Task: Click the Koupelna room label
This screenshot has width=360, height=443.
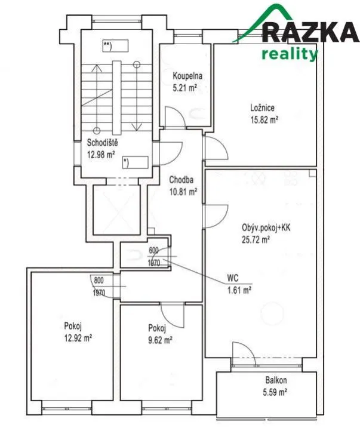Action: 187,76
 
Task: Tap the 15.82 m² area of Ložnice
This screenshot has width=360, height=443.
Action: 264,120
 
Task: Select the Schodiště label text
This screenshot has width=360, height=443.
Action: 102,143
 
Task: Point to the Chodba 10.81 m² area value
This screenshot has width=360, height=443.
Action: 183,192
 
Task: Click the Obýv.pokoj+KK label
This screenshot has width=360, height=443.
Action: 266,227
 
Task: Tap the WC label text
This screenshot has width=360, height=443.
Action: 233,278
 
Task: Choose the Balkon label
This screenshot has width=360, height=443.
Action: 276,380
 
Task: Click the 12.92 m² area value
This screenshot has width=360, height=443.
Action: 78,338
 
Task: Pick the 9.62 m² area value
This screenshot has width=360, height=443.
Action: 160,340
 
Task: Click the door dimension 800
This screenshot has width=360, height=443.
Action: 99,280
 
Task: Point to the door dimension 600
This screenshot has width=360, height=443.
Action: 153,250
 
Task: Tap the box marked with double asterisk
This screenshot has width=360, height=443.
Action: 115,46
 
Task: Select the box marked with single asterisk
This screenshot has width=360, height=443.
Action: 136,162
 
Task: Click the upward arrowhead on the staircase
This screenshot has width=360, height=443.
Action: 97,68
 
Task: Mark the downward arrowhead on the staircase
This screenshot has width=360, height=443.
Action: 137,127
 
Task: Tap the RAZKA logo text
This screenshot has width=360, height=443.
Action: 311,32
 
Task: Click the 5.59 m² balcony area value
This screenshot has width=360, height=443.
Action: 275,392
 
